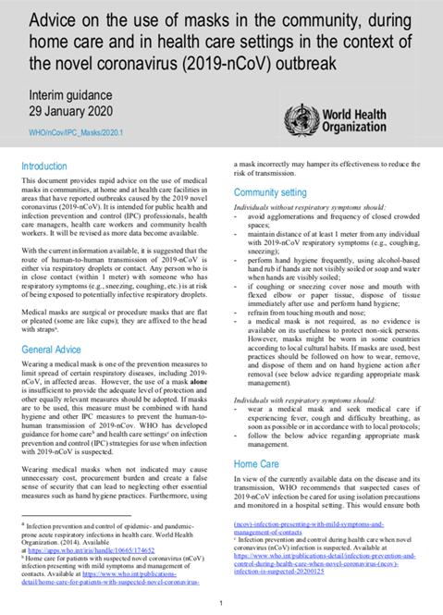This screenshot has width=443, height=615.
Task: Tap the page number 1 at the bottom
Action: click(221, 602)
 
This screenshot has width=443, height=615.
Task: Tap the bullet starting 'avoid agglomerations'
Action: click(323, 225)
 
